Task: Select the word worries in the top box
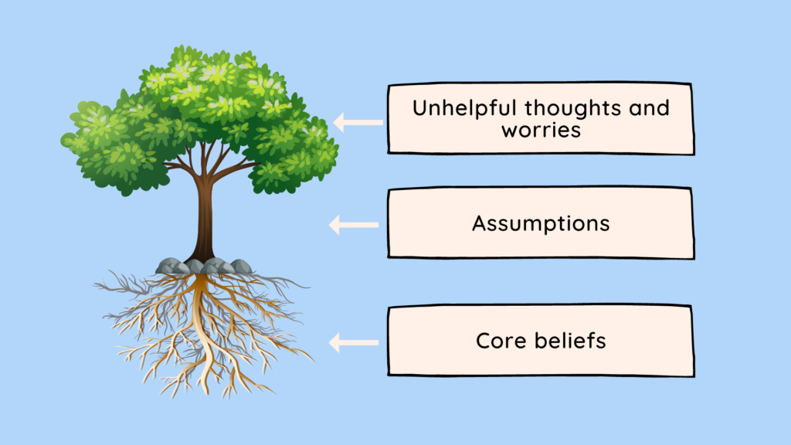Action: [541, 129]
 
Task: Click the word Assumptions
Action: [541, 223]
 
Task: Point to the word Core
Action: [501, 341]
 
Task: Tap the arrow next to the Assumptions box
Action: [354, 225]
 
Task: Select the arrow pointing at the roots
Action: [354, 342]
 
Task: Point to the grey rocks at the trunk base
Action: [205, 267]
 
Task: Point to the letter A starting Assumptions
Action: [479, 223]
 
